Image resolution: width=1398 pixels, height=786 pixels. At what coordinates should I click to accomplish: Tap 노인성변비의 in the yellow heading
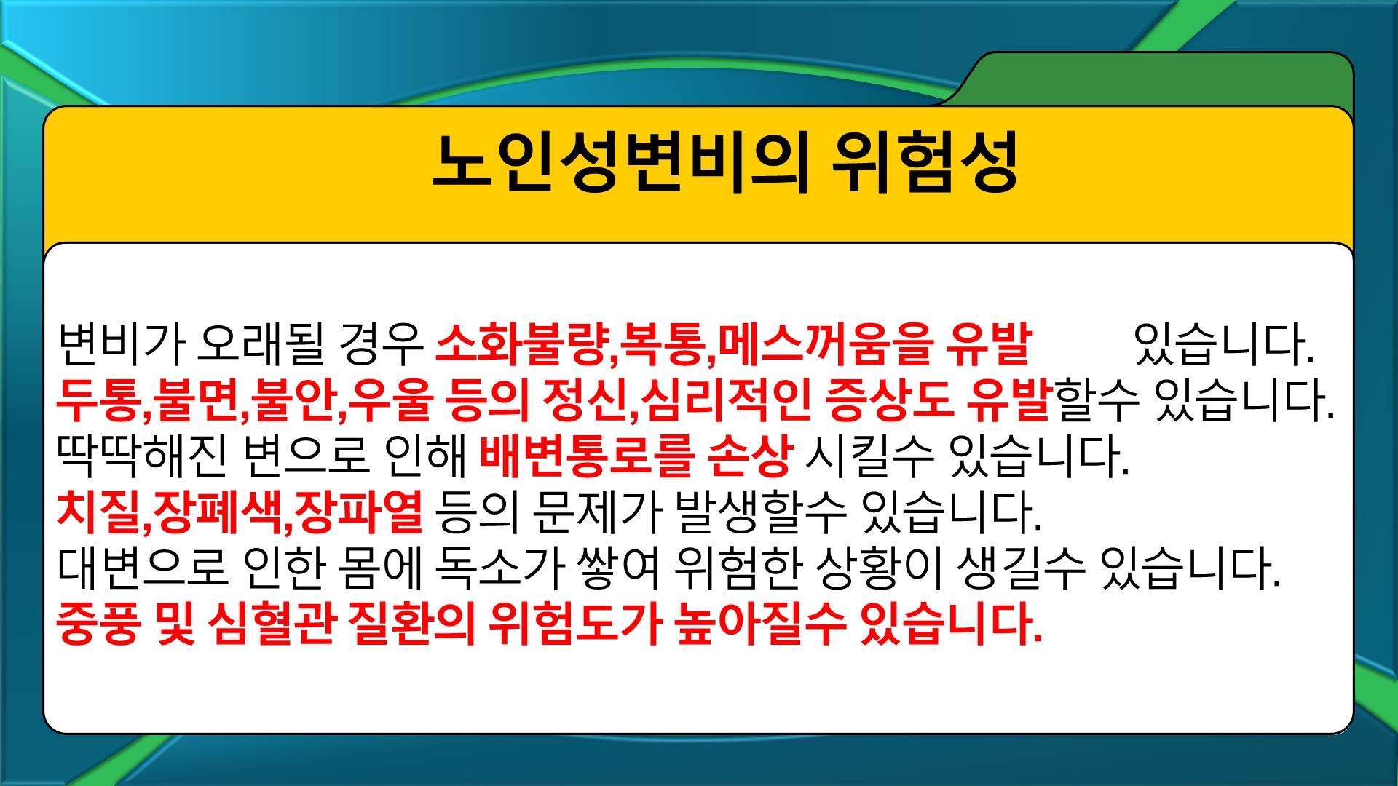pos(620,163)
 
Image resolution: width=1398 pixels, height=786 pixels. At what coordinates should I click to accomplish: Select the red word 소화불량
pos(522,344)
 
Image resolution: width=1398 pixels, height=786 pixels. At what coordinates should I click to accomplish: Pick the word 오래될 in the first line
pos(261,344)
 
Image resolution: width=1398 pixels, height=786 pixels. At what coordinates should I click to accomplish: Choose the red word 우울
pos(390,400)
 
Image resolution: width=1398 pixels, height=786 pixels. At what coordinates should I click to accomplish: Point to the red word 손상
pos(750,456)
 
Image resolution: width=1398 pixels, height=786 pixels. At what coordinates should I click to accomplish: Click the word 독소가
pos(499,568)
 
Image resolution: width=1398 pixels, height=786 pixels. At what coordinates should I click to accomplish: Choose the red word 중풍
pos(98,624)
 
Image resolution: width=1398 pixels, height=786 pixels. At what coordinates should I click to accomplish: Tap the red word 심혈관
pos(272,624)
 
